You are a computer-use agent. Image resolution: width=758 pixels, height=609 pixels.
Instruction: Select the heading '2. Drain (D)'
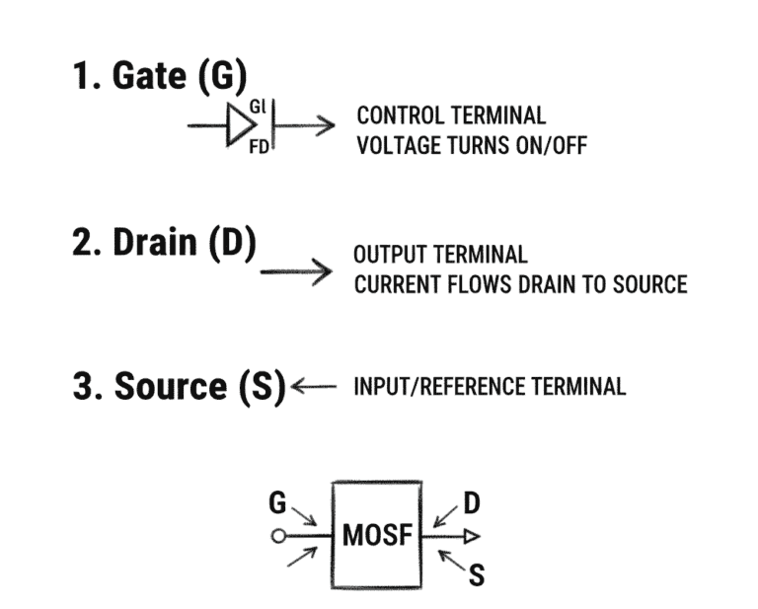[x=164, y=243]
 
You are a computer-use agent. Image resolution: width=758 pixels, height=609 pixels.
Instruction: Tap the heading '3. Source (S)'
[x=179, y=386]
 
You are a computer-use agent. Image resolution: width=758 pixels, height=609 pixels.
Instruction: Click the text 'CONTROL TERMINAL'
[x=451, y=116]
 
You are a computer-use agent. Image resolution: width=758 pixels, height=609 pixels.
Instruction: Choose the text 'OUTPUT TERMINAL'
[x=440, y=256]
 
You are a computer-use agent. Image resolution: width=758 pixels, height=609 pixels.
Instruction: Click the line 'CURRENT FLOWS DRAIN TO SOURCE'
[x=519, y=284]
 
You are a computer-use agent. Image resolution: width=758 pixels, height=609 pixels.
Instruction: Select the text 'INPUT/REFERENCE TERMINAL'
[x=490, y=386]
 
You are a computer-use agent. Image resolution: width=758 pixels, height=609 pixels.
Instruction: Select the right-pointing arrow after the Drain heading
[x=296, y=270]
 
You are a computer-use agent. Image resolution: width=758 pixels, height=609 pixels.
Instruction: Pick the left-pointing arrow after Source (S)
[x=315, y=386]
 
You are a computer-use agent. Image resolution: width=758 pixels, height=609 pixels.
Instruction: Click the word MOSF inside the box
[x=376, y=537]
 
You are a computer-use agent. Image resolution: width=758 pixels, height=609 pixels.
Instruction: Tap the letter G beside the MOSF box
[x=277, y=504]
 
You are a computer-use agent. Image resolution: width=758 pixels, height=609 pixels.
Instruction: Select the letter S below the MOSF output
[x=476, y=573]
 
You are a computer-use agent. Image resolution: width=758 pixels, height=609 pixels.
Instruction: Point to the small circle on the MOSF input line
[x=279, y=537]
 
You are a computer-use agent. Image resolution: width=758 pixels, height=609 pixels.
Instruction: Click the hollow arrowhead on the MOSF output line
[x=472, y=537]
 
